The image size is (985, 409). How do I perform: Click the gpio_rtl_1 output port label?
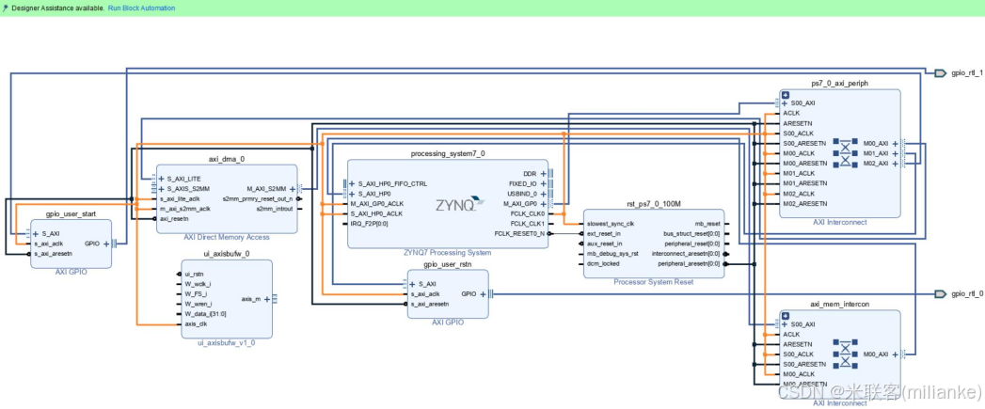967,72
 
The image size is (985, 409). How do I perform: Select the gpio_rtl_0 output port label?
967,293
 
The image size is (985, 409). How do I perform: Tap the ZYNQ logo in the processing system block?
459,204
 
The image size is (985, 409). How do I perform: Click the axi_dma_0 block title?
226,159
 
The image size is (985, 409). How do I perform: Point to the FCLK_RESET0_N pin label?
519,233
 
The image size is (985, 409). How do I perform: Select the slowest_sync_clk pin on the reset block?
612,223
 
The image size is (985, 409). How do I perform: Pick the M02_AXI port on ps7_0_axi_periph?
875,164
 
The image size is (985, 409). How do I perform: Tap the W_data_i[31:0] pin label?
204,314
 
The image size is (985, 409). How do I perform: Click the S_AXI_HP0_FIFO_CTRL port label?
392,183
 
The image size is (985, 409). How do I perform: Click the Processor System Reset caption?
654,281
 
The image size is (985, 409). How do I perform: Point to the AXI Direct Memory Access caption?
226,237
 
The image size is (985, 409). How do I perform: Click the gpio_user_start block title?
71,213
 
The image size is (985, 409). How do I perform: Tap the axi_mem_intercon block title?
839,305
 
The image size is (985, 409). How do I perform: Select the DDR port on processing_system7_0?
530,174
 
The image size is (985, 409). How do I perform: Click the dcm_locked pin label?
605,263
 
